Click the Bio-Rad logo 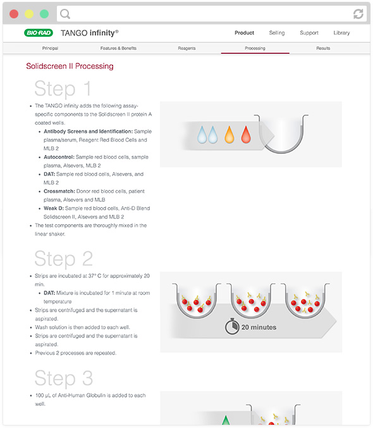point(39,33)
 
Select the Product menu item point(244,33)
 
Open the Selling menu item point(277,33)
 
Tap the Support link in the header point(309,33)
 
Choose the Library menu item point(341,33)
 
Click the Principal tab point(50,48)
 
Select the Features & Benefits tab point(118,48)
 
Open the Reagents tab point(186,48)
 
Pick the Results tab point(323,48)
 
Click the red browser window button point(14,14)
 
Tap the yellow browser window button point(29,14)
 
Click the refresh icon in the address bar point(358,14)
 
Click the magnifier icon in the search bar point(65,14)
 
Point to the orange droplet point(229,135)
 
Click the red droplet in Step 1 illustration point(246,135)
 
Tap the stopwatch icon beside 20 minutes point(232,326)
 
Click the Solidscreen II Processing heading point(70,66)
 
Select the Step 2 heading point(63,258)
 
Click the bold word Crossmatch point(59,191)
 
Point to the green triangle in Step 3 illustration point(225,420)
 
